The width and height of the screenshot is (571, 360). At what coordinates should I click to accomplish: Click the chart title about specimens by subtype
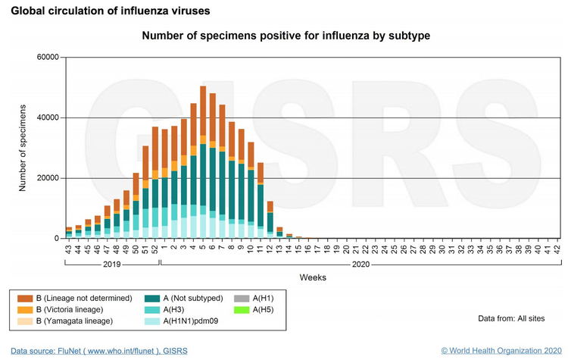point(286,36)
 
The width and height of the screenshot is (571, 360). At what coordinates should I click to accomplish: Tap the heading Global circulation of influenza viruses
point(111,11)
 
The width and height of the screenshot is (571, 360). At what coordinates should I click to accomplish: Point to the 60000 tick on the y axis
point(48,58)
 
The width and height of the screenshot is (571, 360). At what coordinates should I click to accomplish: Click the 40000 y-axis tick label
point(48,117)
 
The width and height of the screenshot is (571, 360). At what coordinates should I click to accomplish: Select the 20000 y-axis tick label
point(48,178)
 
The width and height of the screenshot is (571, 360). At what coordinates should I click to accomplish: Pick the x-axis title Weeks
point(312,277)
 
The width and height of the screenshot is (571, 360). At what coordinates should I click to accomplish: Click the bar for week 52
point(154,186)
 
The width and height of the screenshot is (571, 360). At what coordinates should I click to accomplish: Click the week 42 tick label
point(557,249)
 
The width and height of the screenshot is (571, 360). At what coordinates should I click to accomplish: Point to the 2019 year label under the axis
point(111,265)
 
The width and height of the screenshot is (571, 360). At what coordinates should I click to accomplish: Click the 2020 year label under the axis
point(360,265)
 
